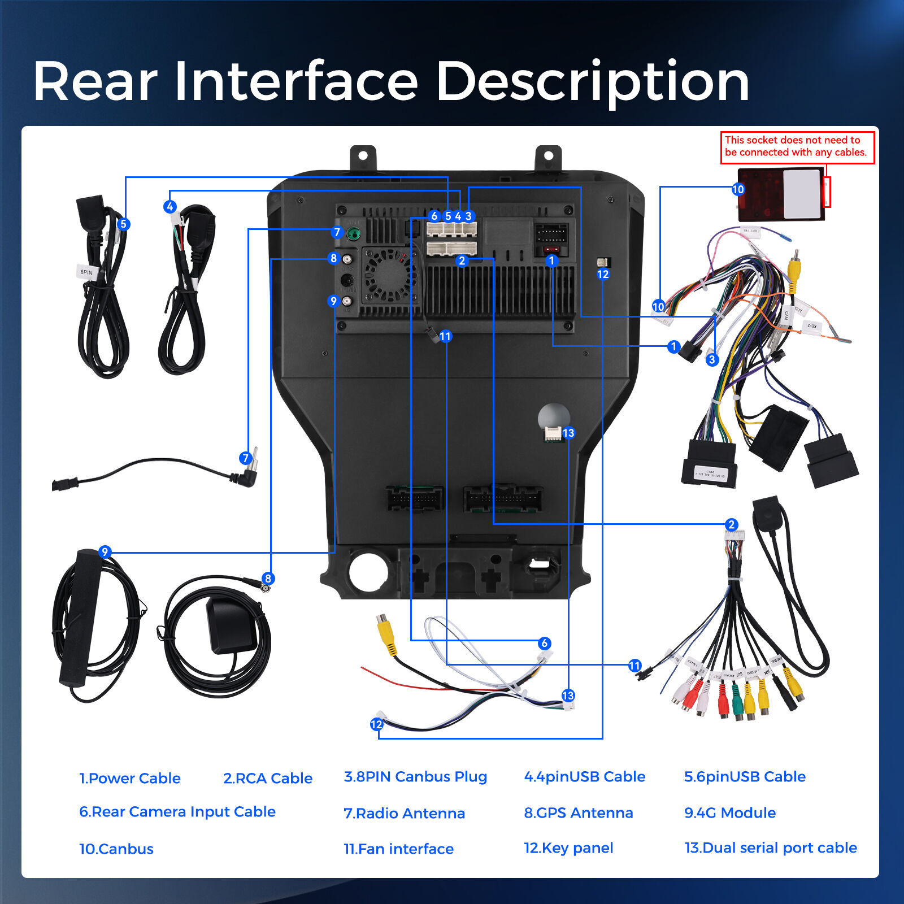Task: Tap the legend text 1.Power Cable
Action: pyautogui.click(x=129, y=779)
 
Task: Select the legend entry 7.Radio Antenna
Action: pyautogui.click(x=404, y=814)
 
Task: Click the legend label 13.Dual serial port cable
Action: pyautogui.click(x=770, y=848)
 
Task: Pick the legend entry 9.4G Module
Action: pyautogui.click(x=729, y=813)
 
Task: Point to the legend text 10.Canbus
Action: pyautogui.click(x=116, y=849)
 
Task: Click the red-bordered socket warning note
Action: pyautogui.click(x=797, y=147)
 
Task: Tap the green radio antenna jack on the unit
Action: pyautogui.click(x=354, y=233)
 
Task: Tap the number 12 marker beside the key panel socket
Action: pyautogui.click(x=603, y=275)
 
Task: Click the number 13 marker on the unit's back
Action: pyautogui.click(x=568, y=433)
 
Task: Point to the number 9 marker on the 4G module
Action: pyautogui.click(x=105, y=552)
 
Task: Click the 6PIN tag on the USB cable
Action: pyautogui.click(x=86, y=272)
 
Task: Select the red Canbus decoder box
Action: pyautogui.click(x=780, y=193)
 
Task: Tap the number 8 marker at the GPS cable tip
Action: pyautogui.click(x=268, y=579)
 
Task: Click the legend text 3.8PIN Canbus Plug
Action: pyautogui.click(x=415, y=777)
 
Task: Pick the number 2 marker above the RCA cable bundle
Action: pyautogui.click(x=731, y=525)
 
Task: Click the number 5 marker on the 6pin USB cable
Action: pyautogui.click(x=123, y=224)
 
